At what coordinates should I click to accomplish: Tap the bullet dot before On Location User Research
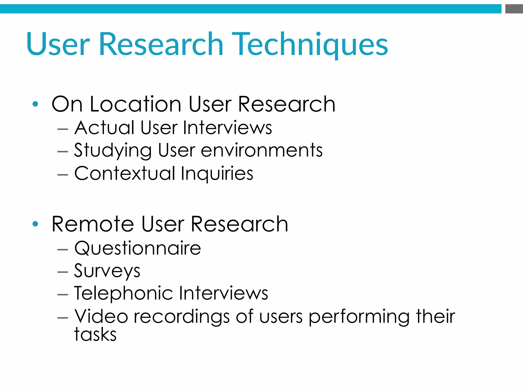(35, 104)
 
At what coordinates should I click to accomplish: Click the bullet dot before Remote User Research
(35, 224)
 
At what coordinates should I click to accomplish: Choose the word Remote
(93, 224)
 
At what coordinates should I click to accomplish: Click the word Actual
(104, 128)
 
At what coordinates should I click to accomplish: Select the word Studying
(113, 151)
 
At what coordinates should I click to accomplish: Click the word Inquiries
(217, 174)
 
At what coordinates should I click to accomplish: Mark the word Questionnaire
(138, 248)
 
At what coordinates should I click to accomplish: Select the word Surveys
(107, 271)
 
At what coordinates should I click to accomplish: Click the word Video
(101, 316)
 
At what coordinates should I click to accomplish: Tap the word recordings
(182, 317)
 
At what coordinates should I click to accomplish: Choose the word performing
(359, 317)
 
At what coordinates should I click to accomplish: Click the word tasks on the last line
(95, 334)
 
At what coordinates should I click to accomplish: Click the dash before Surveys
(63, 272)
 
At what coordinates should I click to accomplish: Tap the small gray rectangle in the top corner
(514, 9)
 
